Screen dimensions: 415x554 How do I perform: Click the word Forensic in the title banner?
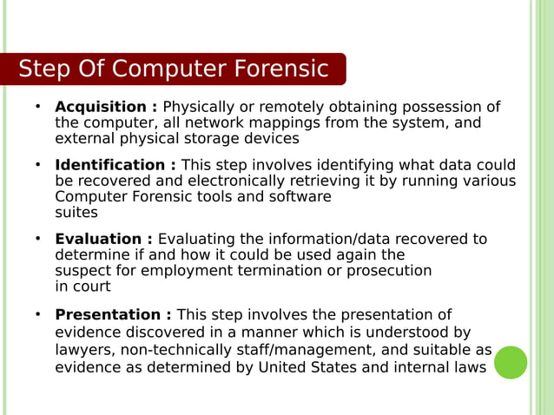pyautogui.click(x=280, y=69)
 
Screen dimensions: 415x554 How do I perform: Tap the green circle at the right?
pyautogui.click(x=511, y=362)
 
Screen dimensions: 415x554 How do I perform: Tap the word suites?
pyautogui.click(x=76, y=212)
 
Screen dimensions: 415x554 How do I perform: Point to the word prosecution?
pyautogui.click(x=389, y=270)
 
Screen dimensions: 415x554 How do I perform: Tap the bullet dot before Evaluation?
pyautogui.click(x=38, y=238)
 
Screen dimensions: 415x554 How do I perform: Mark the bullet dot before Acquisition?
pyautogui.click(x=38, y=106)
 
